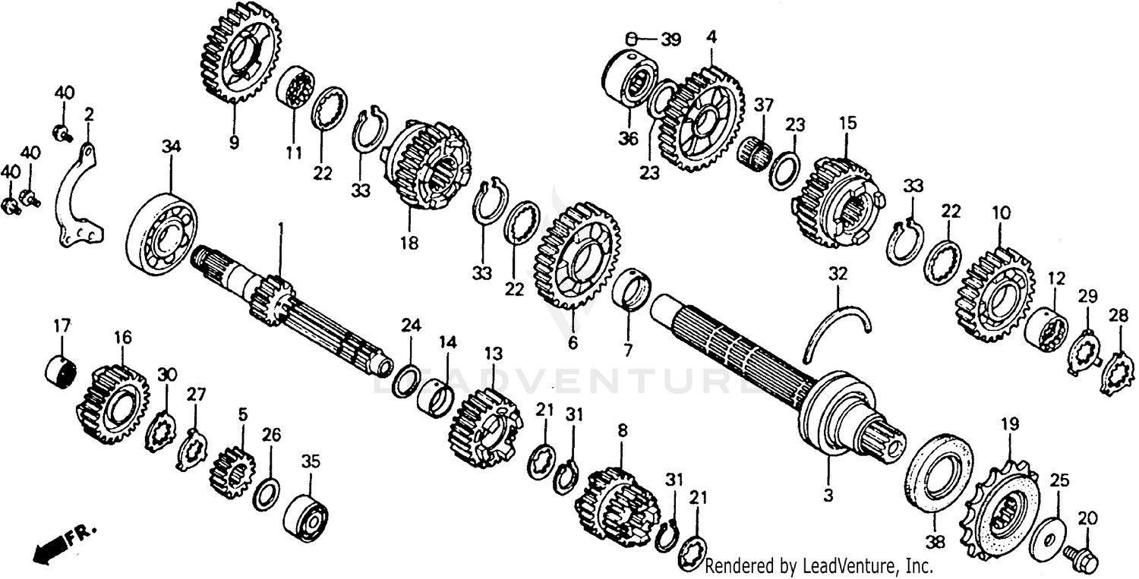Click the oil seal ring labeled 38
[939, 470]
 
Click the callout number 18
[409, 242]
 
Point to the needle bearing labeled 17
[62, 370]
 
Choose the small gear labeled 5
[232, 471]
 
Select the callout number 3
[828, 496]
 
